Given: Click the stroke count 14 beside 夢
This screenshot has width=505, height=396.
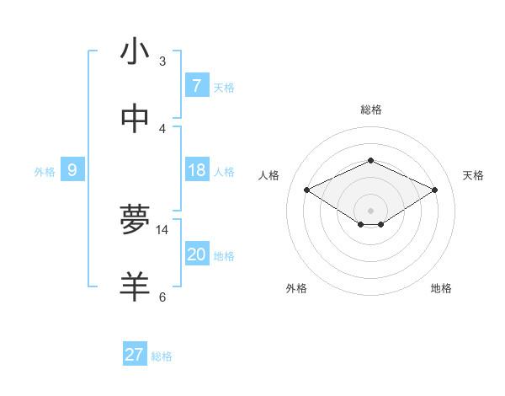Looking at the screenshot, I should tap(162, 229).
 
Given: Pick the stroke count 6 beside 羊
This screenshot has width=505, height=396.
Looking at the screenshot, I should tap(162, 297).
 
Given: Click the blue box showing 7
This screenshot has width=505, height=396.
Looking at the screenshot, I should tap(196, 86).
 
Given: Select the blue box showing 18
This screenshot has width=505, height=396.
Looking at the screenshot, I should tap(196, 171).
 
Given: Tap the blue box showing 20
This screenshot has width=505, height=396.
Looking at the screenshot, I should tap(196, 254).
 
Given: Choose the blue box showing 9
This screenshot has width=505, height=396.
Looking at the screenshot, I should tap(72, 171).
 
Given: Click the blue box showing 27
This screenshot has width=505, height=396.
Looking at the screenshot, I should tap(135, 355).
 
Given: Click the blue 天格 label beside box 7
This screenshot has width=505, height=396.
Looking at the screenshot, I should tap(224, 87).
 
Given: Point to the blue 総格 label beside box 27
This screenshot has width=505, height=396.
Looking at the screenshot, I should tap(162, 356).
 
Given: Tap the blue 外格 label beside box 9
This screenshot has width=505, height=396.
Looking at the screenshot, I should tap(45, 172).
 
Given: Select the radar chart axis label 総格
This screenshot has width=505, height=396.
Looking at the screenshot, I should tap(370, 110).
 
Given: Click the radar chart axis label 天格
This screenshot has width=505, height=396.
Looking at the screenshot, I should tap(473, 175).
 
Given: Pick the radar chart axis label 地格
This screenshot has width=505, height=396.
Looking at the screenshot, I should tap(441, 288).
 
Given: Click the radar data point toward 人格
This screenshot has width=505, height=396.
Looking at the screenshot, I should tap(306, 190).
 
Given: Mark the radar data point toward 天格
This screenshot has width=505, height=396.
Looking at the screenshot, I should tap(434, 190).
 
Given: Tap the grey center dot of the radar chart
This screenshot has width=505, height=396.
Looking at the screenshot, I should tap(370, 210).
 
